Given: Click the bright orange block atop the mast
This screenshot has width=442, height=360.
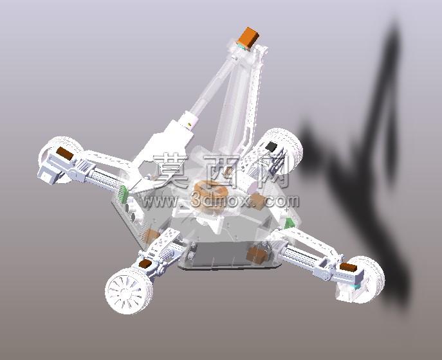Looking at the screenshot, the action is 248,38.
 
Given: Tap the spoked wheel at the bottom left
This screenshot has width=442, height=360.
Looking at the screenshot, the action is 129,291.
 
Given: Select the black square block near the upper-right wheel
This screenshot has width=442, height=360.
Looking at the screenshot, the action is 272,146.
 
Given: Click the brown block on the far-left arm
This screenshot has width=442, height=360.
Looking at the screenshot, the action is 65,154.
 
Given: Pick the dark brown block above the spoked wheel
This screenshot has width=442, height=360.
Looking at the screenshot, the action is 145,264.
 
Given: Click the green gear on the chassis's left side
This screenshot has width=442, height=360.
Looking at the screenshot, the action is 123,194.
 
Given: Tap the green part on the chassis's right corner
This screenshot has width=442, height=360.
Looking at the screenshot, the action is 290,223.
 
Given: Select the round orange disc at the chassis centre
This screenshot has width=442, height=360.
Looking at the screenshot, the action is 209,194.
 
